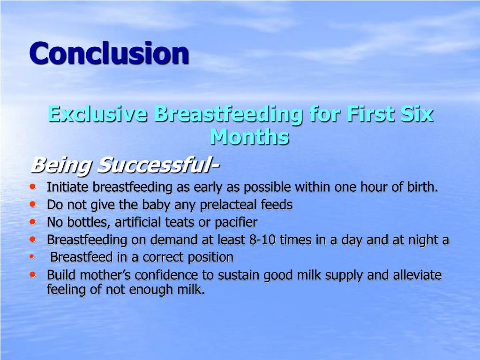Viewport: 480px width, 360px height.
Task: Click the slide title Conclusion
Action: point(109,53)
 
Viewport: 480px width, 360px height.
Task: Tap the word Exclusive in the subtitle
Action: point(97,114)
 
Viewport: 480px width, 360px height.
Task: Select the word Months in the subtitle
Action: point(249,137)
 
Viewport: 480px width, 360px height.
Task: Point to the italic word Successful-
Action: point(158,165)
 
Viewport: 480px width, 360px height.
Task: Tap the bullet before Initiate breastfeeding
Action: point(32,187)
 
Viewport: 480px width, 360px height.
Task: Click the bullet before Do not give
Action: point(32,204)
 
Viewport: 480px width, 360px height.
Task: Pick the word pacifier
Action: point(236,222)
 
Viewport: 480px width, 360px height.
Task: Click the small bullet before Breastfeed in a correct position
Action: point(32,257)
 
